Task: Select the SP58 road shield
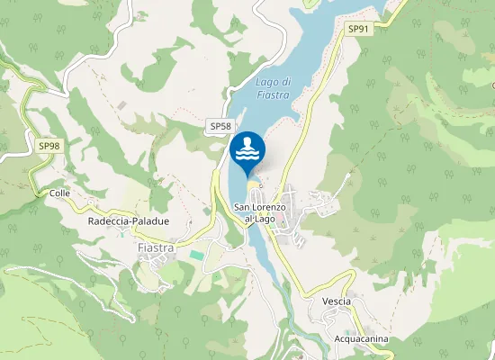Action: (x=220, y=127)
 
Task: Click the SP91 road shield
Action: (x=358, y=29)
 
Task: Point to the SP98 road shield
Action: (x=49, y=145)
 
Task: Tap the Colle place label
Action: (x=60, y=193)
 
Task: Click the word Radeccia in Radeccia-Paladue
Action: (x=108, y=220)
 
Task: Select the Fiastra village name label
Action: (x=155, y=247)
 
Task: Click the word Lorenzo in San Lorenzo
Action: (x=269, y=208)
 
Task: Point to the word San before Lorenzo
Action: (x=243, y=208)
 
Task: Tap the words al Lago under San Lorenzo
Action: (x=259, y=219)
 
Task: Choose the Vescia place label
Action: (x=335, y=301)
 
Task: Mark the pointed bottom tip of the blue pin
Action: (x=248, y=176)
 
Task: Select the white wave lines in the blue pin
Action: (x=248, y=156)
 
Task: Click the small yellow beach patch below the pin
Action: (x=252, y=184)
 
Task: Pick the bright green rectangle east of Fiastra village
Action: (x=196, y=256)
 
